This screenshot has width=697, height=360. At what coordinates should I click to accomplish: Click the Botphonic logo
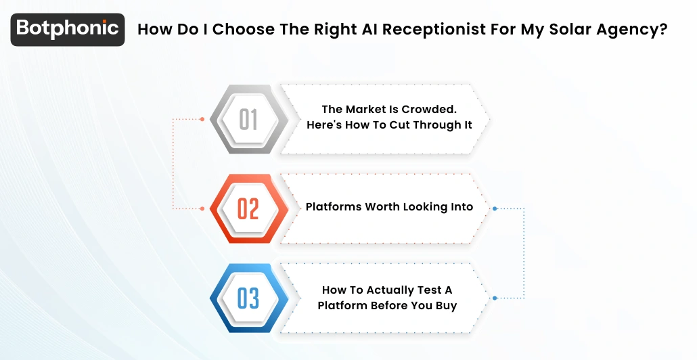68,29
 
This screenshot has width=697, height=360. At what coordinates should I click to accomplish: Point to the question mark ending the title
663,30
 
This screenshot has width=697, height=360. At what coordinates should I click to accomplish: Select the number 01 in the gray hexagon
248,120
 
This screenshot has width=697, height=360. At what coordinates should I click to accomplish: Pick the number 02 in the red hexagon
248,208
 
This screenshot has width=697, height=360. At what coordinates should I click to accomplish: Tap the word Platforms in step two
334,206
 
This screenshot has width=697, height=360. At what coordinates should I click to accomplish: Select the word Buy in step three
446,305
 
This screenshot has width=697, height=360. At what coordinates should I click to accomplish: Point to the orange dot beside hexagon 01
202,119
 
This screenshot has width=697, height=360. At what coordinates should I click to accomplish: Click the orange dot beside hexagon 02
202,208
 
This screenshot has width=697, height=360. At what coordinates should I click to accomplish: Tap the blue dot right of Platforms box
495,208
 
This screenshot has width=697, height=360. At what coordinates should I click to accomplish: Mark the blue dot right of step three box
495,298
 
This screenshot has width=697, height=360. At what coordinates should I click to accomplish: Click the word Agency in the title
625,30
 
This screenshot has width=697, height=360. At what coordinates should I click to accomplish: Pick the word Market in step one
365,109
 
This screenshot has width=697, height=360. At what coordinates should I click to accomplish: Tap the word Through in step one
426,125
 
